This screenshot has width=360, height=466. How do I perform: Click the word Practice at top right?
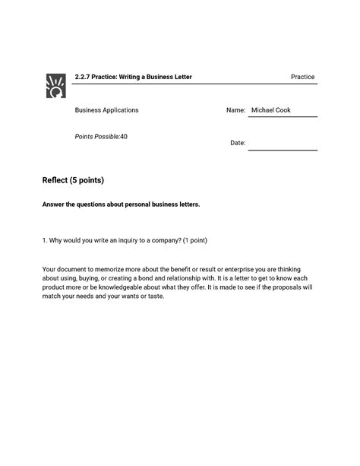tap(302, 78)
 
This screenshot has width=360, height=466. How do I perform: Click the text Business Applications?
tap(106, 110)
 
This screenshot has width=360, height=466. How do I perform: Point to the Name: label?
tap(236, 111)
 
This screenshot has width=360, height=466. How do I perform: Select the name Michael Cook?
tap(271, 111)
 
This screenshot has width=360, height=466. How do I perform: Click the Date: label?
tap(238, 143)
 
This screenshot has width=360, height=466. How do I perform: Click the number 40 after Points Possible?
tap(124, 136)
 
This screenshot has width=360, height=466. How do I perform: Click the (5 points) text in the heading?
tap(86, 181)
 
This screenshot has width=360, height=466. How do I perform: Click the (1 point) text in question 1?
tap(188, 240)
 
